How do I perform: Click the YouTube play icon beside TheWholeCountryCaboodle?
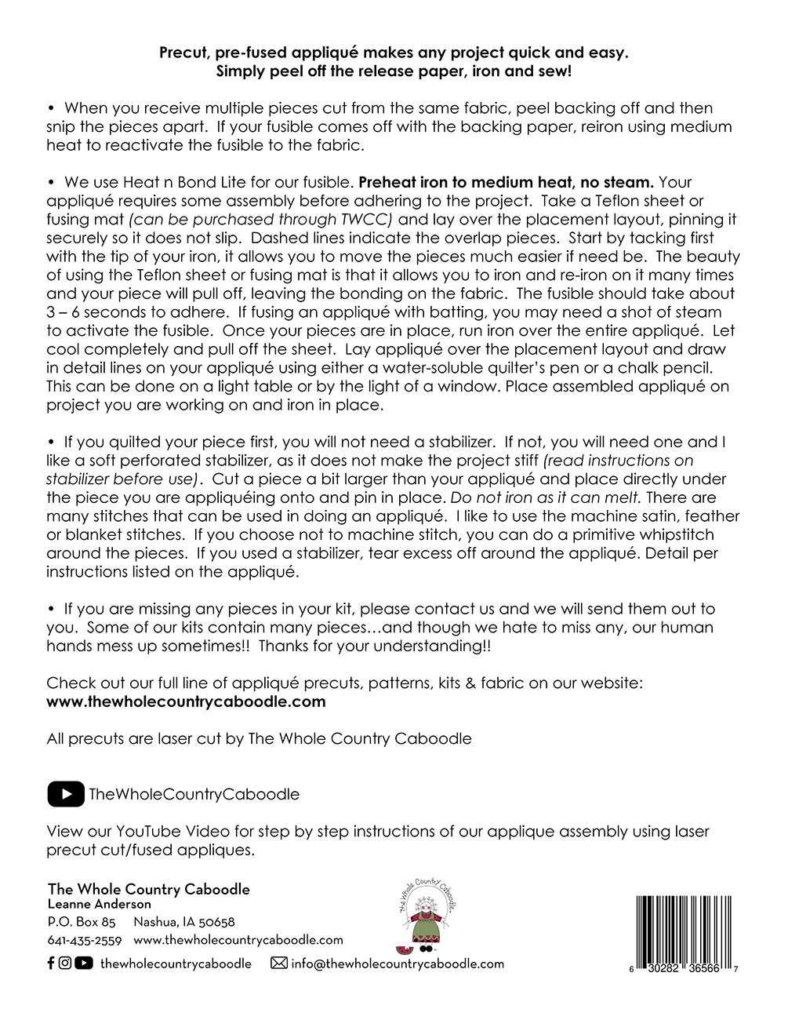coord(66,794)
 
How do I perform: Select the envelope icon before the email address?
coord(278,964)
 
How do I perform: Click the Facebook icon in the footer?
coord(51,964)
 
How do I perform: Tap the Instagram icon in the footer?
coord(65,964)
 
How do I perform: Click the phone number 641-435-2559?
coord(85,940)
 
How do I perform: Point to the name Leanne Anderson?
coord(100,905)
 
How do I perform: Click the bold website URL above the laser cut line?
coord(186,701)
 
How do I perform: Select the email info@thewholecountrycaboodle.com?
coord(398,964)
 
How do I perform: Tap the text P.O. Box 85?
coord(82,922)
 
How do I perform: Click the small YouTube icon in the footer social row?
coord(84,964)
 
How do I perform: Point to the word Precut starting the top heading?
coord(185,53)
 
